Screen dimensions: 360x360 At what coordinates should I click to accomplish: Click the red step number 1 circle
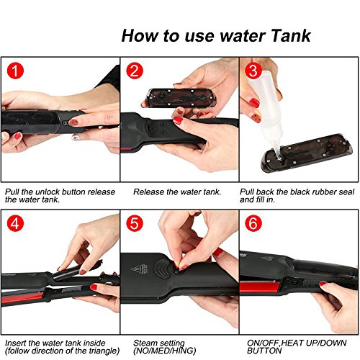point(15,71)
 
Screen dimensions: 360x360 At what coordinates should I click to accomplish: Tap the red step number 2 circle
point(135,71)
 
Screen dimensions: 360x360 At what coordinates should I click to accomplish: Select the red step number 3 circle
point(253,71)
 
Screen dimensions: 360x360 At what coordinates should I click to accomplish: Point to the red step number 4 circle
point(15,223)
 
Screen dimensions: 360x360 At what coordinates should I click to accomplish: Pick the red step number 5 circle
point(135,223)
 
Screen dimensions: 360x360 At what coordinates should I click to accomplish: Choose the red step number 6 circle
point(253,223)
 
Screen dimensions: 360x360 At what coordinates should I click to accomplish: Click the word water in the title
point(243,36)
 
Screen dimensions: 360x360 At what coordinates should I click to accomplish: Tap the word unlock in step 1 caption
point(48,192)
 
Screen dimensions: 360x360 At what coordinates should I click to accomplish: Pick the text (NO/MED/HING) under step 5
point(165,351)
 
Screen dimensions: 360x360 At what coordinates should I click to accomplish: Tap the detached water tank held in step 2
point(181,98)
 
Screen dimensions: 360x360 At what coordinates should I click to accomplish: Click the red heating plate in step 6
point(259,287)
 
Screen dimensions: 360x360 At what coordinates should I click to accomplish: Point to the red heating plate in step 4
point(22,297)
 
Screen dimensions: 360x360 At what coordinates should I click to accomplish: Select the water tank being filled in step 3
point(307,153)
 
